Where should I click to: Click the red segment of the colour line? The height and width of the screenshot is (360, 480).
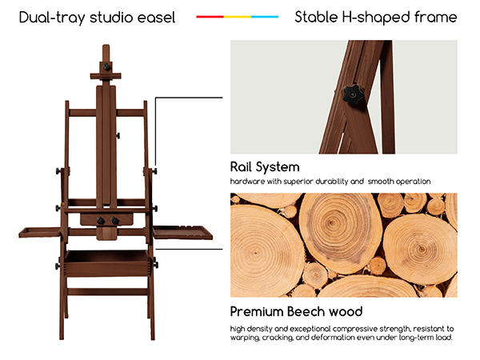coord(210,17)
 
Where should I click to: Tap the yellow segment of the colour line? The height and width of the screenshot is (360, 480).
coord(238,17)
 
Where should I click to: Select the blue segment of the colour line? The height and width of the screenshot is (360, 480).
coord(265,17)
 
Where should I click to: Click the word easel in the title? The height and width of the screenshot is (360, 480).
coord(156,18)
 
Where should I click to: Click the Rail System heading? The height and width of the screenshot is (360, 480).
coord(265,167)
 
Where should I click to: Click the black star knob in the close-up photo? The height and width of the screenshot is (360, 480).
coord(353,94)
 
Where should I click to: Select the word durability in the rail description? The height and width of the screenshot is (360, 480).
coord(332,182)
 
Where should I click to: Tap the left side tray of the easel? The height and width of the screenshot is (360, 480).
coord(39,232)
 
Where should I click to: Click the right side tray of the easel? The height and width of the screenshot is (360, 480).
coord(182,232)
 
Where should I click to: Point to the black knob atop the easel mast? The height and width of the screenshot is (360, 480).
coord(106,66)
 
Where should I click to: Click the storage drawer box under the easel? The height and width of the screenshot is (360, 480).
coord(107,262)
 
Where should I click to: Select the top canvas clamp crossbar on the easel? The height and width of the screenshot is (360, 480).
coord(106,76)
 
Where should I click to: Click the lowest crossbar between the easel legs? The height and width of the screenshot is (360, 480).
coord(107,291)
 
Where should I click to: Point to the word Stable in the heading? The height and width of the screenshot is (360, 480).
coord(316,17)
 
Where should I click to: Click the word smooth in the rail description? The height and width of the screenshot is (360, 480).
coord(381,182)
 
